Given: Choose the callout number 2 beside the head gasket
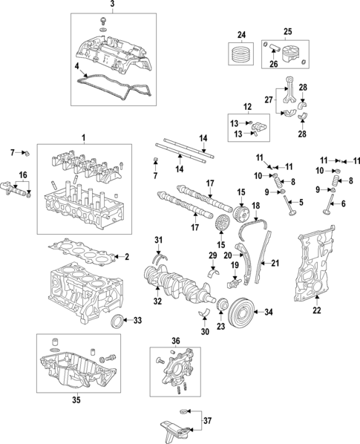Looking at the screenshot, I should point(127,257).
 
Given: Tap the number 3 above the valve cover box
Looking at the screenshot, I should point(113,6).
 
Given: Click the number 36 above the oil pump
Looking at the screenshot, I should point(175,342).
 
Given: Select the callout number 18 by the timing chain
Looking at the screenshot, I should point(256,205).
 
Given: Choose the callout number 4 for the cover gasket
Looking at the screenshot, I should point(76,67).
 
